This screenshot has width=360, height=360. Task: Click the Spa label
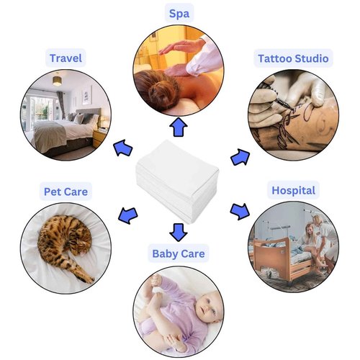179,13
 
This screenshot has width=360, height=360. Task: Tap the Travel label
66,58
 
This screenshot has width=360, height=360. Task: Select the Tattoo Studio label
293,58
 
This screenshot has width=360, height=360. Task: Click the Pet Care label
66,192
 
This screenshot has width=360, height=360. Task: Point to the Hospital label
293,191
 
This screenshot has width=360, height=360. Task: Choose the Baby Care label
179,253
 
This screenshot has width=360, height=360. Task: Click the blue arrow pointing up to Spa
179,127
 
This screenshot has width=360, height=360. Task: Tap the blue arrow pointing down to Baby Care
179,233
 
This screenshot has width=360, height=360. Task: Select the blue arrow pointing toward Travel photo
123,148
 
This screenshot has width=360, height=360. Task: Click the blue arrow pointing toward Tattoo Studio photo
240,157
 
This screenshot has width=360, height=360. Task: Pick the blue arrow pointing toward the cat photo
128,215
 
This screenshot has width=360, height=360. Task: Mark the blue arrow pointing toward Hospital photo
240,211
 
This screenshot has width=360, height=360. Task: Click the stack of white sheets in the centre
178,182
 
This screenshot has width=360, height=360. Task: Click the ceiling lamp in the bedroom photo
57,80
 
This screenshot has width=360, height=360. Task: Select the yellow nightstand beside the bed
99,138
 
